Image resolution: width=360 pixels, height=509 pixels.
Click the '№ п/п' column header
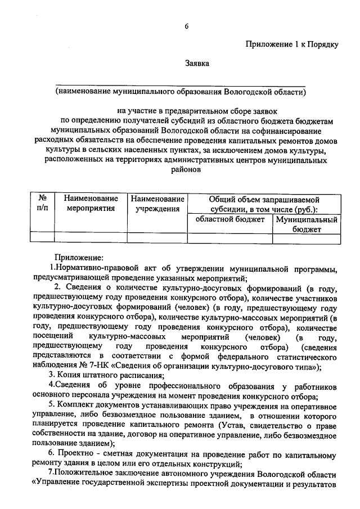pos(42,203)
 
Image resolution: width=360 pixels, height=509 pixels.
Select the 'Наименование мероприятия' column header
pos(91,203)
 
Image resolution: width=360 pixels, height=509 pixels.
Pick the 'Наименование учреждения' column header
pos(157,203)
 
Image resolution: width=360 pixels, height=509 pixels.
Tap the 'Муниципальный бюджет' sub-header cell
pos(307,224)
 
